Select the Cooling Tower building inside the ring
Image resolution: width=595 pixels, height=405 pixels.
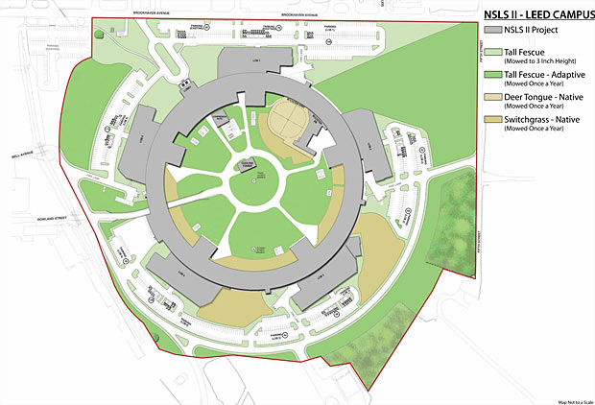coord(248,165)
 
